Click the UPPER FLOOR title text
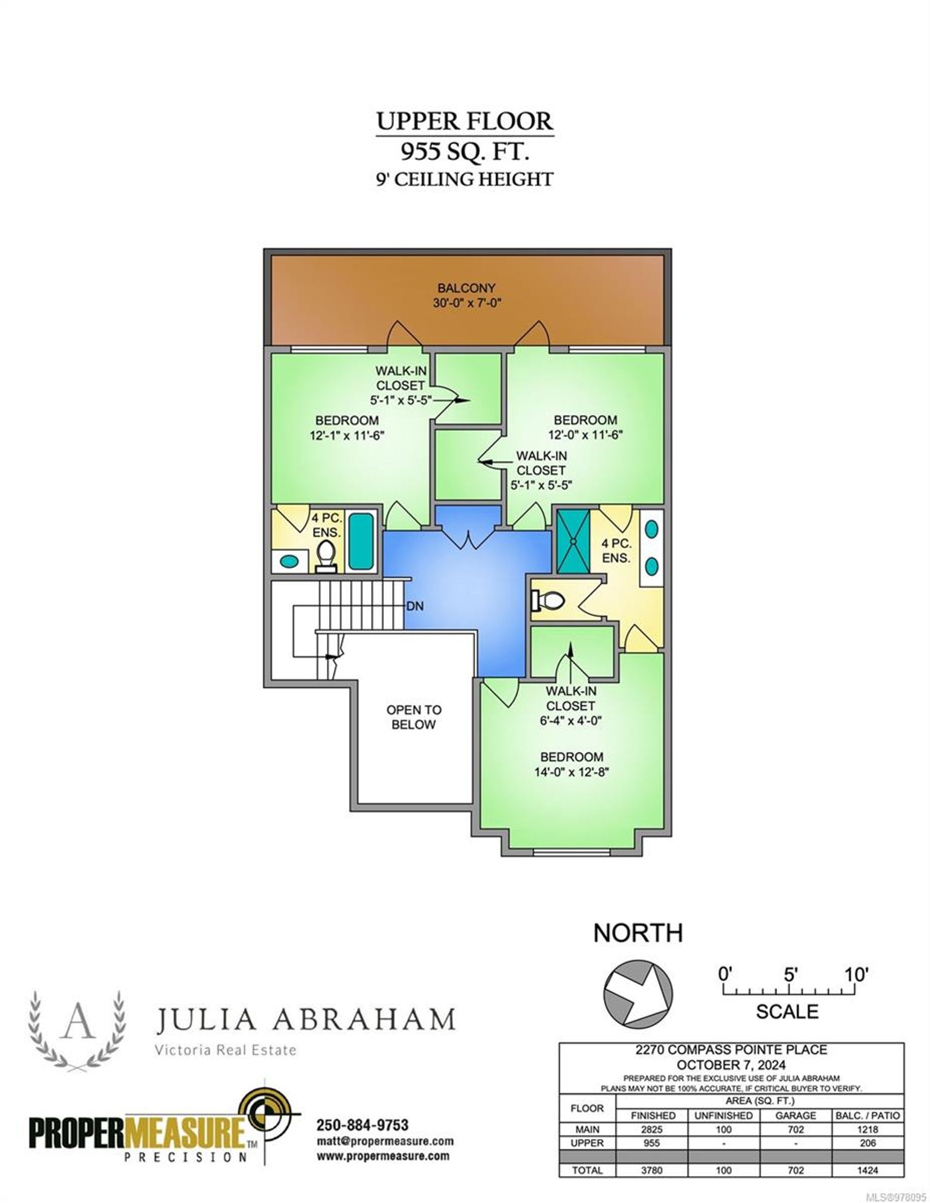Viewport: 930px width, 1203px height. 464,121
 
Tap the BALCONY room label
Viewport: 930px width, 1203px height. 466,288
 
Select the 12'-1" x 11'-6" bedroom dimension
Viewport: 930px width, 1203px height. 347,435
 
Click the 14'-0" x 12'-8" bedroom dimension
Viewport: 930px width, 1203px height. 571,772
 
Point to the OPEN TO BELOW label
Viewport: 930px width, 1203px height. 414,716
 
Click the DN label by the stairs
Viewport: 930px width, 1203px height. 415,606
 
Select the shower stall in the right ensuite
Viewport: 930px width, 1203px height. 573,541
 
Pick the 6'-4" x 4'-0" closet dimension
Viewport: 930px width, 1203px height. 571,720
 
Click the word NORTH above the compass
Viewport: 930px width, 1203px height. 638,932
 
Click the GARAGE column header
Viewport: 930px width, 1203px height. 795,1115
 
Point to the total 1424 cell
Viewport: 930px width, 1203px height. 868,1171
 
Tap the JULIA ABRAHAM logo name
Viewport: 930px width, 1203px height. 306,1020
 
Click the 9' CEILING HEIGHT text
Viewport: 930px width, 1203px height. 464,179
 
